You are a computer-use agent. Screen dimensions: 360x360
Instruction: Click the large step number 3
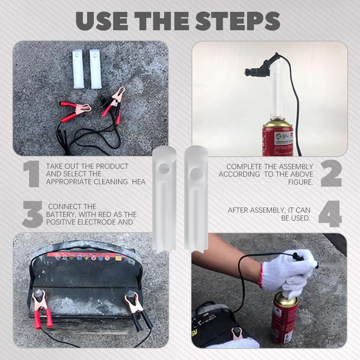(32, 214)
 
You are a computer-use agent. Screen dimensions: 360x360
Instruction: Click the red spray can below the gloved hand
(285, 319)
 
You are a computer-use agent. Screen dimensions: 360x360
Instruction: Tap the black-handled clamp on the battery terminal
(137, 310)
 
